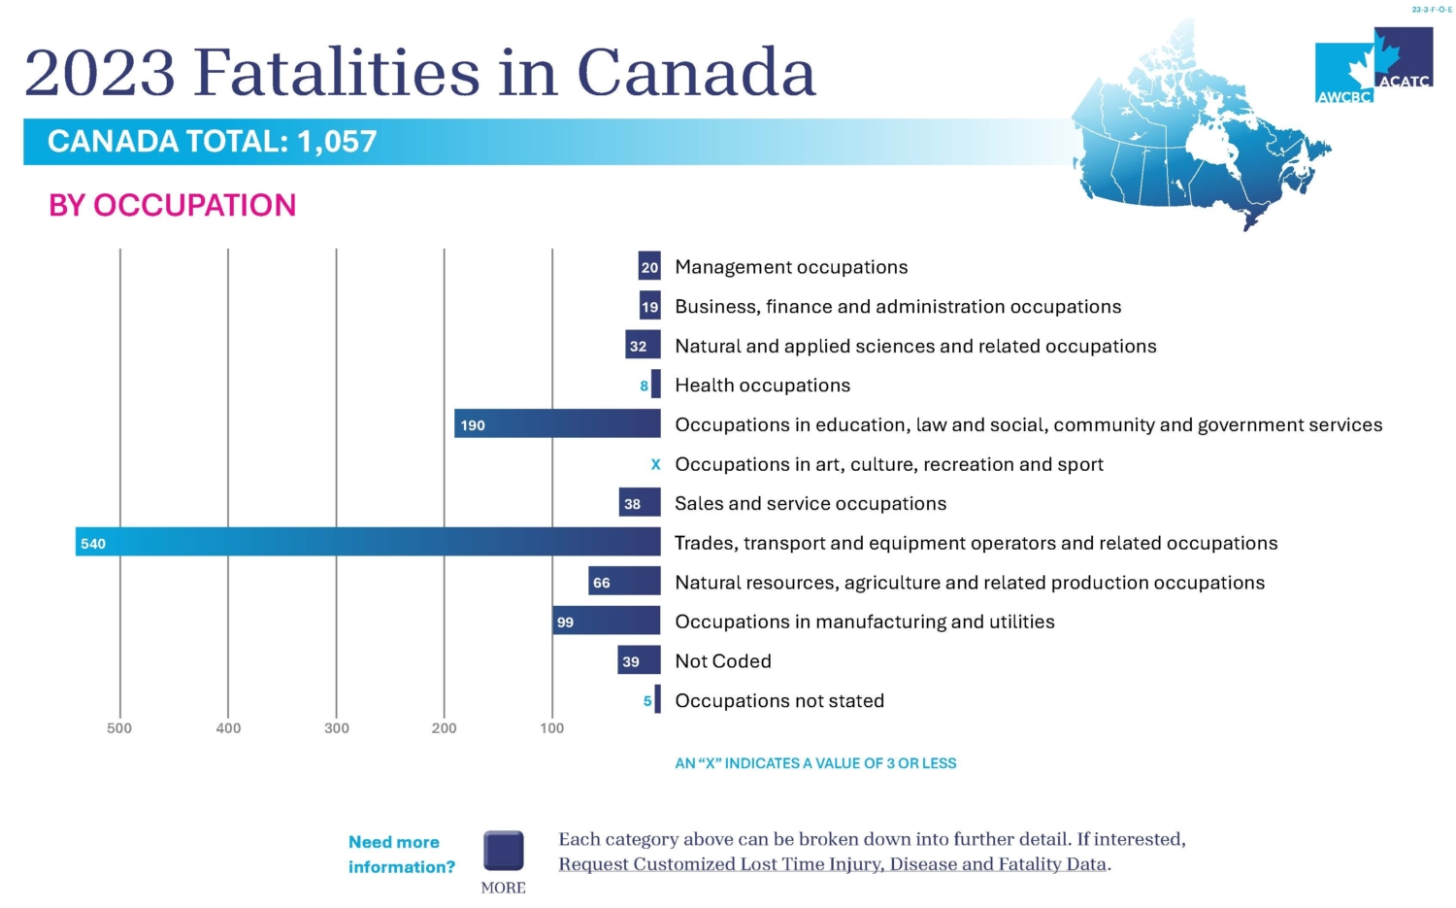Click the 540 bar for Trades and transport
(368, 542)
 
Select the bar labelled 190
(557, 423)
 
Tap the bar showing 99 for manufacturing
(607, 621)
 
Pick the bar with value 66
(625, 581)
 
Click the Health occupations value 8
(644, 386)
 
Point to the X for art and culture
(655, 464)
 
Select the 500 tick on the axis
(119, 727)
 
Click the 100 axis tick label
(552, 727)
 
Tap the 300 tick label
(336, 727)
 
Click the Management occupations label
(791, 267)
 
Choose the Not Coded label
(723, 660)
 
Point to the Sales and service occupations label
(811, 503)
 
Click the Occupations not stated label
(779, 700)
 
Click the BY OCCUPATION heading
(172, 205)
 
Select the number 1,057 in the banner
(337, 141)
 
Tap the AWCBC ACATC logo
(1374, 65)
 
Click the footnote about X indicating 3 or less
(815, 763)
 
